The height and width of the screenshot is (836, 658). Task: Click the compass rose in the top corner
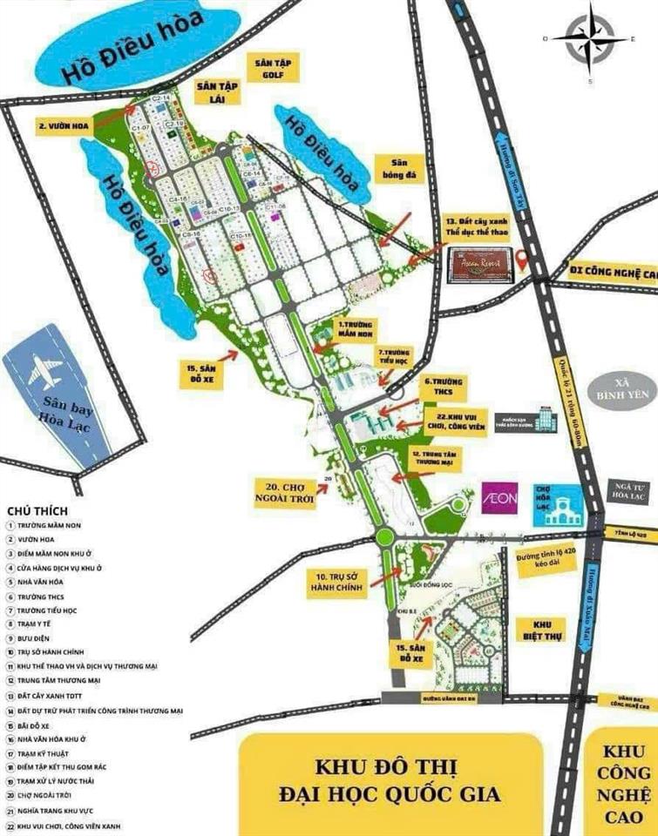(x=589, y=39)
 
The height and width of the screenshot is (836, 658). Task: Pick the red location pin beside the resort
(x=521, y=259)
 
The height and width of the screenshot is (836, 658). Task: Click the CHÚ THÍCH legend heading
(x=37, y=510)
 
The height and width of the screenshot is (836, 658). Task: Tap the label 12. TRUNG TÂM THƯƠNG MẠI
(x=434, y=461)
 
